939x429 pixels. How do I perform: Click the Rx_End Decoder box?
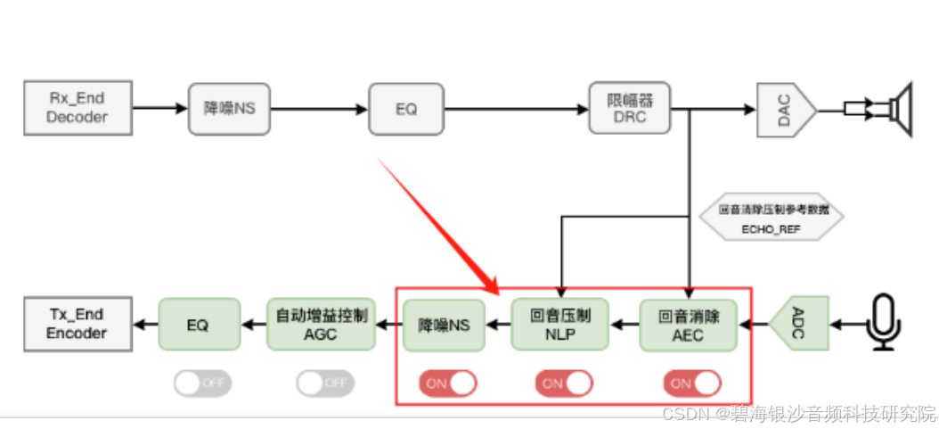point(78,108)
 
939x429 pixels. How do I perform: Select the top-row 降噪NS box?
point(230,109)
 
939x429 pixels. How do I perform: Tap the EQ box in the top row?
point(406,109)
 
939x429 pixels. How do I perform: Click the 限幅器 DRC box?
point(629,108)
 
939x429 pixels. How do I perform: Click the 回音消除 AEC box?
point(689,325)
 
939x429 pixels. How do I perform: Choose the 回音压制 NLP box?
point(560,325)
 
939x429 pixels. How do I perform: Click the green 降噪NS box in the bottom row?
point(444,325)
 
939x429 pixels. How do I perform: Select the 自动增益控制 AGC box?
point(322,325)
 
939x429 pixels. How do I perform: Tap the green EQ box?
point(199,325)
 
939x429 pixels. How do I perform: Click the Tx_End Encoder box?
point(78,324)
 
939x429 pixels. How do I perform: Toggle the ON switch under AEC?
point(691,383)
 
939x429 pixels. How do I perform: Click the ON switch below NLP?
point(563,383)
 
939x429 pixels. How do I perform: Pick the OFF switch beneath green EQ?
point(200,383)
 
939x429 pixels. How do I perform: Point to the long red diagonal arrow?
point(437,226)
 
